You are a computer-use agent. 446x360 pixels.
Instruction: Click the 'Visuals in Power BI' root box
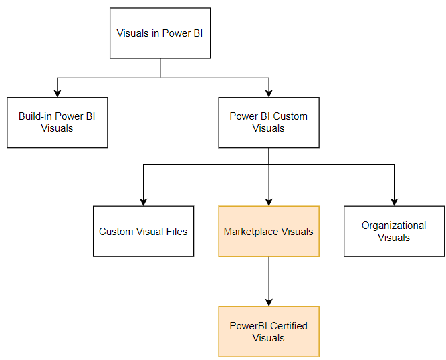pyautogui.click(x=160, y=33)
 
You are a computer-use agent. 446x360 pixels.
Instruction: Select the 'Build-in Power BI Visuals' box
pyautogui.click(x=57, y=122)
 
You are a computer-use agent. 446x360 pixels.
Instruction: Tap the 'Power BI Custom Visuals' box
pyautogui.click(x=269, y=122)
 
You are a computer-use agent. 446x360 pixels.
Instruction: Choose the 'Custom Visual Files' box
pyautogui.click(x=143, y=231)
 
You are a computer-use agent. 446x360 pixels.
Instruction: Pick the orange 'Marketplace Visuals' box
pyautogui.click(x=269, y=231)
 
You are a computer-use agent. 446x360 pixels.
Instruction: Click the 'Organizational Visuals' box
pyautogui.click(x=394, y=231)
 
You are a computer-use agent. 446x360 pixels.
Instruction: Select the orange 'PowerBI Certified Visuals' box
pyautogui.click(x=269, y=331)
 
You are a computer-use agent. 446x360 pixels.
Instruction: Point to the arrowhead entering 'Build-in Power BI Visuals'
pyautogui.click(x=57, y=93)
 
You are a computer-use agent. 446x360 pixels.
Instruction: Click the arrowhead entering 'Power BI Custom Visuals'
pyautogui.click(x=269, y=93)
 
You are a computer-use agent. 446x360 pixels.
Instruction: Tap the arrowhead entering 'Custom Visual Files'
pyautogui.click(x=143, y=201)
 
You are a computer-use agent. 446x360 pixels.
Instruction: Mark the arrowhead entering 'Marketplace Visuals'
pyautogui.click(x=269, y=201)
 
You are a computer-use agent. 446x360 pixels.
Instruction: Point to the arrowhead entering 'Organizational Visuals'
pyautogui.click(x=394, y=201)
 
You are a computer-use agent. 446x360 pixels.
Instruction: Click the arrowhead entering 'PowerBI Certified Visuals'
pyautogui.click(x=269, y=302)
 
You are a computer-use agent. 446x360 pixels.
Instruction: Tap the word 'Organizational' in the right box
pyautogui.click(x=394, y=226)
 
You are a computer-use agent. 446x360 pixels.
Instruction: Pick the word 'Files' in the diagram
pyautogui.click(x=175, y=232)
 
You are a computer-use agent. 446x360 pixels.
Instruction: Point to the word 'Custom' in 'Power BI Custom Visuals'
pyautogui.click(x=291, y=116)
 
